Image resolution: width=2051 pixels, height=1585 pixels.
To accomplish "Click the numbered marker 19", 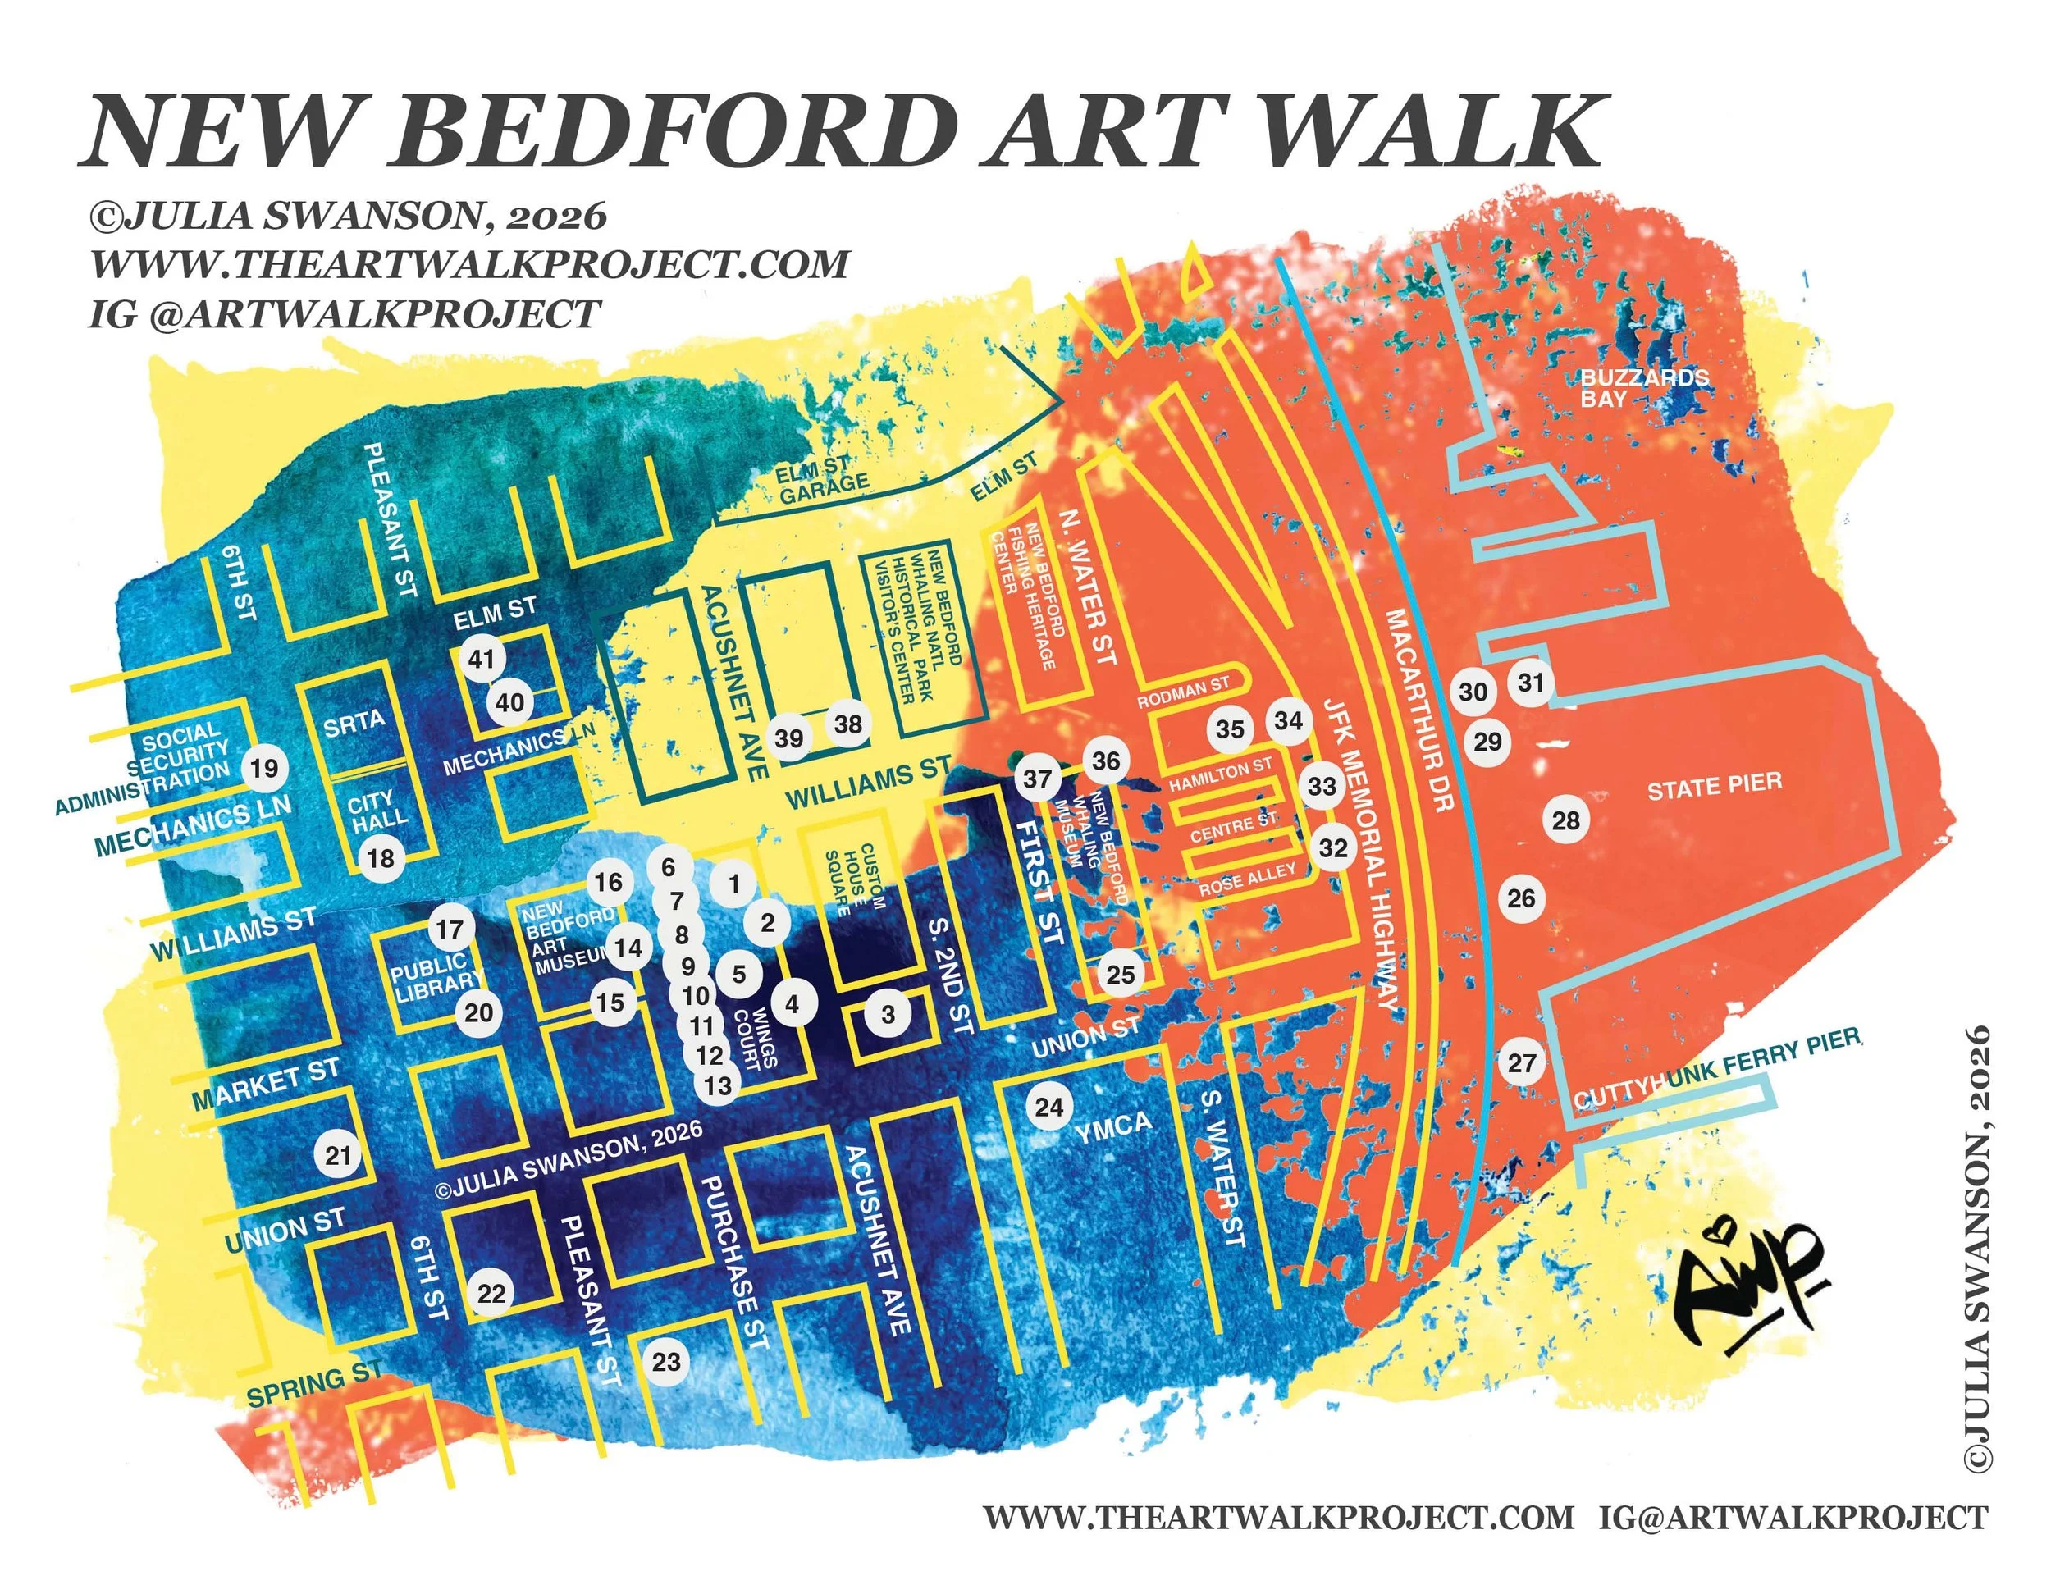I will click(x=264, y=768).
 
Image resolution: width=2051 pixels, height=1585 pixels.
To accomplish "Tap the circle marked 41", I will click(x=482, y=659).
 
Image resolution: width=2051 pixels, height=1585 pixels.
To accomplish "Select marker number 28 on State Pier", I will click(x=1565, y=820).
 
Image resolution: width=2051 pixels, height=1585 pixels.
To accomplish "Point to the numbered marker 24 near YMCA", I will click(x=1049, y=1107).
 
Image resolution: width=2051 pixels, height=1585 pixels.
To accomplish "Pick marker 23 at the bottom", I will click(x=666, y=1362).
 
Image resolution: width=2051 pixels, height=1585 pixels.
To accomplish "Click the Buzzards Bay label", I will click(x=1643, y=388).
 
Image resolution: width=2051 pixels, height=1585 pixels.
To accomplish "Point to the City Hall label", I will click(x=377, y=811).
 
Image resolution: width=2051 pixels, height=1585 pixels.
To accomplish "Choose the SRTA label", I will click(x=354, y=722).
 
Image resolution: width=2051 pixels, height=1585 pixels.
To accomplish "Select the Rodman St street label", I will click(x=1182, y=694).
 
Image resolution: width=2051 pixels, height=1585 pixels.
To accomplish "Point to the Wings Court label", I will click(x=755, y=1039).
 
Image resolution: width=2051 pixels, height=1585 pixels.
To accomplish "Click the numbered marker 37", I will click(x=1037, y=779).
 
